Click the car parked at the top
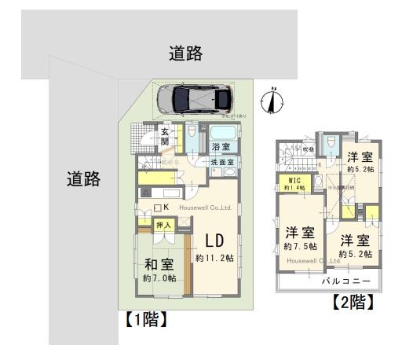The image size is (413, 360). [x=193, y=98]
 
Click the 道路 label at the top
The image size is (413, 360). [x=186, y=53]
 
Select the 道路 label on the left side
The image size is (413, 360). [x=83, y=178]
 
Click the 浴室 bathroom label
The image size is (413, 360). [x=219, y=147]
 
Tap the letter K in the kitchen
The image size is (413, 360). [x=166, y=208]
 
